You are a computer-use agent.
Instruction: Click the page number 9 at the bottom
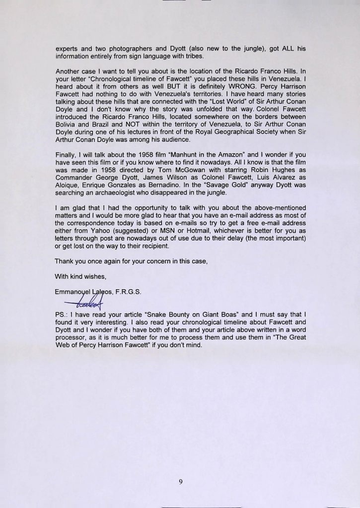point(180,482)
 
